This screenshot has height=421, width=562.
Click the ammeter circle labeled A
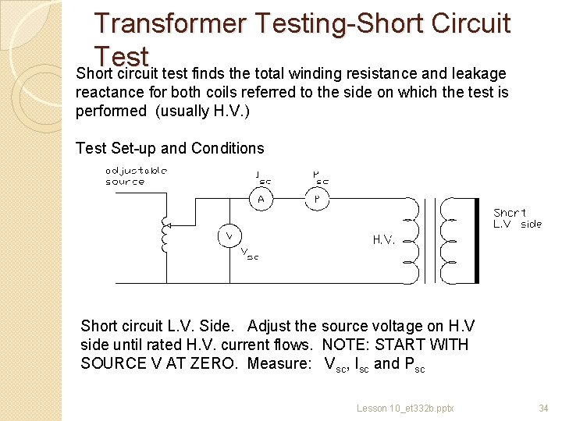261,198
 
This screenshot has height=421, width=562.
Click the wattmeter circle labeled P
317,198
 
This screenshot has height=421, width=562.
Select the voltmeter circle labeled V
229,234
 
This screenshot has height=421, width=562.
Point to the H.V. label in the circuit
383,240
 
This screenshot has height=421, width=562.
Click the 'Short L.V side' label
517,218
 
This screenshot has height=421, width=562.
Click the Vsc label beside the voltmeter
249,253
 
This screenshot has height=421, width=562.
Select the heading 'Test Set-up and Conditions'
169,148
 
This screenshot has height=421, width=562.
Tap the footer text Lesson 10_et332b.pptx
405,408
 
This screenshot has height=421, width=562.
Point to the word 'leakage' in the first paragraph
478,74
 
